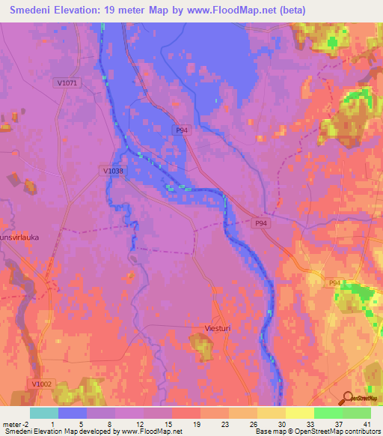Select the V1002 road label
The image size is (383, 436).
pos(42,384)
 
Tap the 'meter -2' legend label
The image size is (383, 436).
pos(14,423)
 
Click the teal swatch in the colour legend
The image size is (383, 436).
pos(44,413)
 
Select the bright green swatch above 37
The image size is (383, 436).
pos(328,413)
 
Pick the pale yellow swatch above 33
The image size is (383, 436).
pos(300,413)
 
